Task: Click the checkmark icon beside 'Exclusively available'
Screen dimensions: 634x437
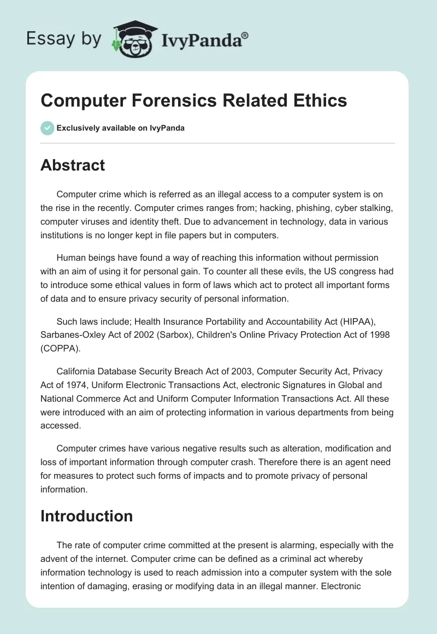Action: pos(48,128)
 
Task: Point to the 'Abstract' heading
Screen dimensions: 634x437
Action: pos(73,165)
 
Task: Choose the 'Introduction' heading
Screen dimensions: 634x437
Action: pos(86,516)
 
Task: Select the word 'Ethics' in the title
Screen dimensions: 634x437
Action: pos(319,101)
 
